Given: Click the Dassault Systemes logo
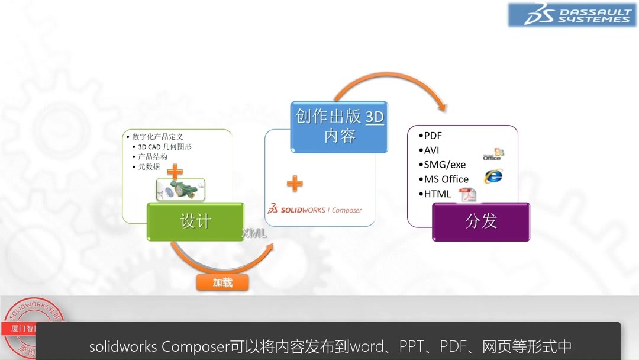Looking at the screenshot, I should pos(572,15).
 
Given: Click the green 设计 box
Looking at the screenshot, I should pos(195,221).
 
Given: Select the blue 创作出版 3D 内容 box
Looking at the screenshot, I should pos(340,126).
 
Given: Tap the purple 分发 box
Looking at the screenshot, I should pos(481,221).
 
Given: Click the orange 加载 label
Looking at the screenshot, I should pos(222,283).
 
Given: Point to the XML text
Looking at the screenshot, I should pos(254,234).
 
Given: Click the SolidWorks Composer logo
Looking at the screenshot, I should pos(314,210).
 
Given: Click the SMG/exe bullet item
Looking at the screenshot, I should pos(444,165).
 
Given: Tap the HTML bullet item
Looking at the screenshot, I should pos(437,194).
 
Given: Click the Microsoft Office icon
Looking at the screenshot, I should pos(492,155).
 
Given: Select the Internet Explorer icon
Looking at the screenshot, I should pos(493,176).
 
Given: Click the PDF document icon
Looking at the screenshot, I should pos(469,194).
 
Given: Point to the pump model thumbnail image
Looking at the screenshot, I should pos(180,189).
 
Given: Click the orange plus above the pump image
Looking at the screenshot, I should pos(175,172).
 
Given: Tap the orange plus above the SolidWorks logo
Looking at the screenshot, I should pos(295,184).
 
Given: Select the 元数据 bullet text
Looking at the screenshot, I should pos(149,167).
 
